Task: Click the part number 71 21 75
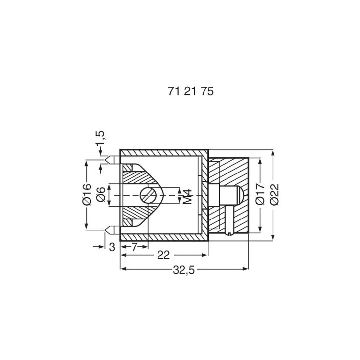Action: pyautogui.click(x=190, y=91)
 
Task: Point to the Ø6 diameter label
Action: pyautogui.click(x=102, y=194)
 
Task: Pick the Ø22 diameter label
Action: pyautogui.click(x=274, y=194)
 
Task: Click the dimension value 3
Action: pyautogui.click(x=112, y=247)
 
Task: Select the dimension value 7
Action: pyautogui.click(x=134, y=247)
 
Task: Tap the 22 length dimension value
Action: pyautogui.click(x=163, y=255)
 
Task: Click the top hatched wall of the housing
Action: pyautogui.click(x=164, y=153)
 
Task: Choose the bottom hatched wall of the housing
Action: pyautogui.click(x=164, y=237)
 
